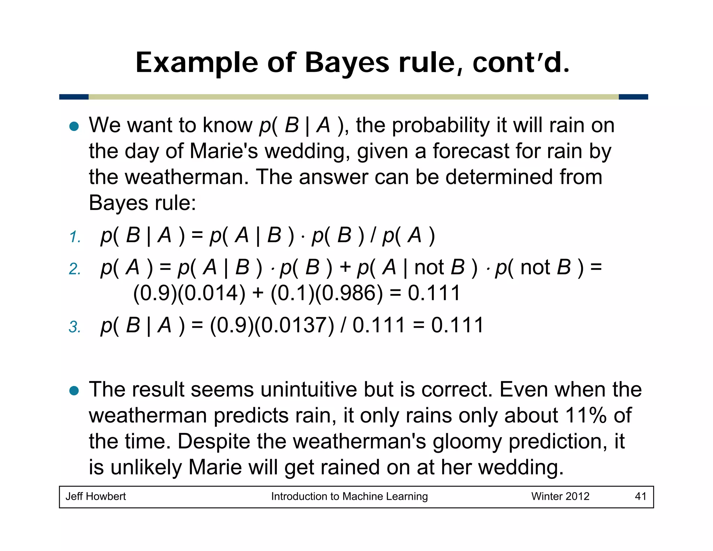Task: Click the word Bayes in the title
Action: click(x=346, y=63)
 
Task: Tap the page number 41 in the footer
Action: click(x=640, y=496)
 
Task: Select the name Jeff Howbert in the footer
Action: click(x=96, y=496)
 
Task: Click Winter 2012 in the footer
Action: click(x=560, y=496)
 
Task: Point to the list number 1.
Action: click(x=75, y=237)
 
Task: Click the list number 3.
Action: click(x=75, y=327)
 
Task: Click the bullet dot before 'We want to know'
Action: click(x=74, y=126)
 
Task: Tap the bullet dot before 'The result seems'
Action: click(x=74, y=390)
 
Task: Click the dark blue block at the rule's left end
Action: click(x=74, y=97)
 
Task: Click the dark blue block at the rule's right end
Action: click(x=633, y=97)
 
